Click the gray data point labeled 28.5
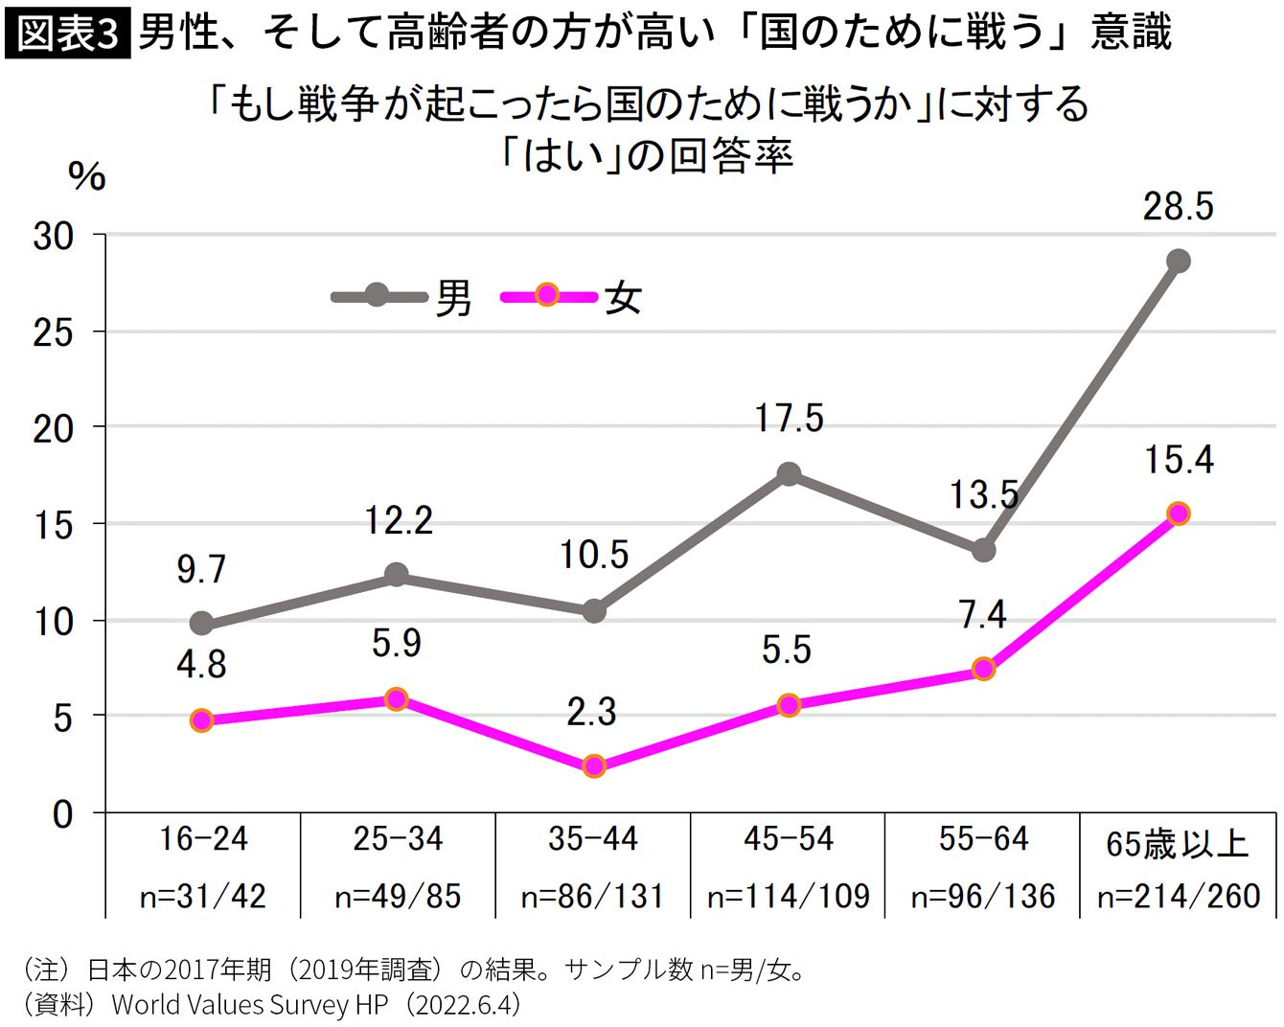(x=1178, y=261)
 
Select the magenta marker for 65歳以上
(x=1179, y=513)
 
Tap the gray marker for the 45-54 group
(x=789, y=474)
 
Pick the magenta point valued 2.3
(x=594, y=765)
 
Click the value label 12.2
(x=398, y=520)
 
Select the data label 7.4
(x=983, y=615)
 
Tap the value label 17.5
(x=790, y=418)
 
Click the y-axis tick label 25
(x=53, y=332)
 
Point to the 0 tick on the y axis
(x=62, y=814)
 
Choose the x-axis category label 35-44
(x=593, y=839)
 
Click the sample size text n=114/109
(x=789, y=897)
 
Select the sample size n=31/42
(x=203, y=897)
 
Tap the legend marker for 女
(x=547, y=295)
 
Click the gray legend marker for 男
(x=377, y=295)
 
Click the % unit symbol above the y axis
(x=87, y=176)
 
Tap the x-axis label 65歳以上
(x=1178, y=844)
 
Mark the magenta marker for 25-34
(x=397, y=698)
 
